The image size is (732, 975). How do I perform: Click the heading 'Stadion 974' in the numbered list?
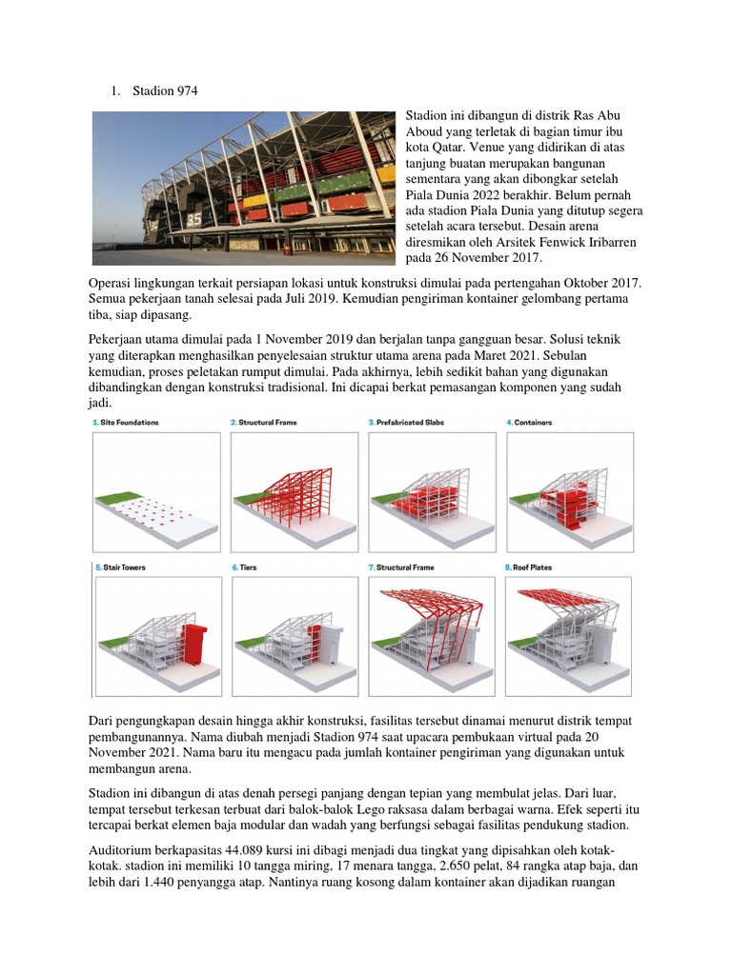(169, 90)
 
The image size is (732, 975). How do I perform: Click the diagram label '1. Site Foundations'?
(126, 421)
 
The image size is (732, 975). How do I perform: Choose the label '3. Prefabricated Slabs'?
(406, 421)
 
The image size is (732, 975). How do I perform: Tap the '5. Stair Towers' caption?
(119, 567)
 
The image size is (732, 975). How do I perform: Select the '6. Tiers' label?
(244, 567)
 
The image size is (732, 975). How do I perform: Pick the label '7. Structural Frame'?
(401, 567)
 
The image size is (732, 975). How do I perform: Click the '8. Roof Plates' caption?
(528, 567)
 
